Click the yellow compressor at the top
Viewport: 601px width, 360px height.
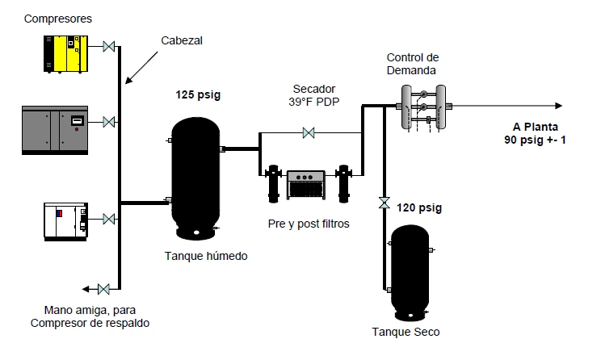pyautogui.click(x=65, y=53)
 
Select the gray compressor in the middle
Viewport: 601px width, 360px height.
pyautogui.click(x=55, y=130)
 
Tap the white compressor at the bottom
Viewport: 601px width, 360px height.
pyautogui.click(x=66, y=222)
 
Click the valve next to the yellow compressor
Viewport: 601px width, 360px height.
pyautogui.click(x=109, y=47)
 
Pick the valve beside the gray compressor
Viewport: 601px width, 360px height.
pyautogui.click(x=109, y=122)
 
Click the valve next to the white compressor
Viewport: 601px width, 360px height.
pyautogui.click(x=109, y=219)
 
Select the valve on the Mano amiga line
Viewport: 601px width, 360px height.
pyautogui.click(x=103, y=289)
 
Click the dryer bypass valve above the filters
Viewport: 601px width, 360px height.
pyautogui.click(x=309, y=133)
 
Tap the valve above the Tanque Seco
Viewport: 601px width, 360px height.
pyautogui.click(x=385, y=203)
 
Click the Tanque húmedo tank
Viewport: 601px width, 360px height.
pyautogui.click(x=195, y=178)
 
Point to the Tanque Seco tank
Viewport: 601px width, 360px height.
pyautogui.click(x=410, y=273)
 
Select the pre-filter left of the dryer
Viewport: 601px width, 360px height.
pyautogui.click(x=273, y=184)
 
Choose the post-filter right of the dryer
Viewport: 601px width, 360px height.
pyautogui.click(x=344, y=184)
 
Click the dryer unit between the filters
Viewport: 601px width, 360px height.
pyautogui.click(x=306, y=185)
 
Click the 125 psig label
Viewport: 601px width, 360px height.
pyautogui.click(x=198, y=95)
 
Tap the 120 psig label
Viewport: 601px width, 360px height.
pyautogui.click(x=419, y=208)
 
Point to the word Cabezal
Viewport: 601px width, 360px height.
pyautogui.click(x=182, y=40)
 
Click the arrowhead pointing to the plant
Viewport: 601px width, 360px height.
pyautogui.click(x=559, y=106)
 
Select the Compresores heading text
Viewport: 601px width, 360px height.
pyautogui.click(x=58, y=19)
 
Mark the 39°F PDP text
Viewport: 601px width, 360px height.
pyautogui.click(x=314, y=102)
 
